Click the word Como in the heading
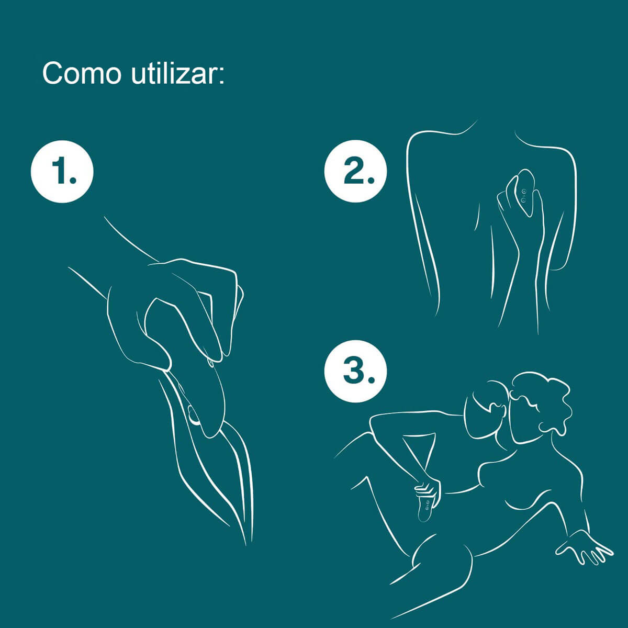(81, 73)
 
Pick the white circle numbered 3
(355, 371)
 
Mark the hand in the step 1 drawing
(167, 309)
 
